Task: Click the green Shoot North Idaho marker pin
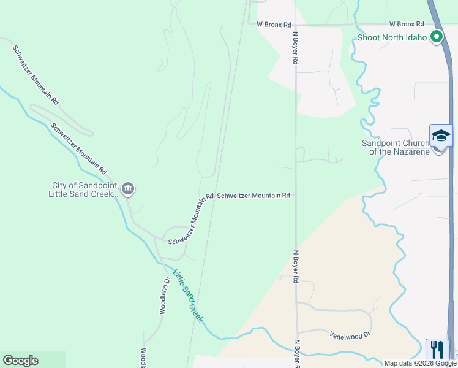pyautogui.click(x=437, y=37)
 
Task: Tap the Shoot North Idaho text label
pyautogui.click(x=393, y=37)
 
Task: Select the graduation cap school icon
pyautogui.click(x=441, y=136)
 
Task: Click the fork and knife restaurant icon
pyautogui.click(x=437, y=350)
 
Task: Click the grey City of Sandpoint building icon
pyautogui.click(x=128, y=188)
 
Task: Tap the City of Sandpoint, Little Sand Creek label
pyautogui.click(x=84, y=190)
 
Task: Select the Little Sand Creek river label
pyautogui.click(x=187, y=296)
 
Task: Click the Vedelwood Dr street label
pyautogui.click(x=350, y=335)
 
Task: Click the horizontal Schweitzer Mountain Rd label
pyautogui.click(x=253, y=196)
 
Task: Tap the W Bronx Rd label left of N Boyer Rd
pyautogui.click(x=273, y=24)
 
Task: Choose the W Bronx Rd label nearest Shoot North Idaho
pyautogui.click(x=407, y=24)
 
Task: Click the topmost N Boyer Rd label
pyautogui.click(x=295, y=48)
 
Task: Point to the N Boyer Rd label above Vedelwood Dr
pyautogui.click(x=295, y=266)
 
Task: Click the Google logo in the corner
pyautogui.click(x=20, y=361)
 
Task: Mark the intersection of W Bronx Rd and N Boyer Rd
pyautogui.click(x=296, y=25)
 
